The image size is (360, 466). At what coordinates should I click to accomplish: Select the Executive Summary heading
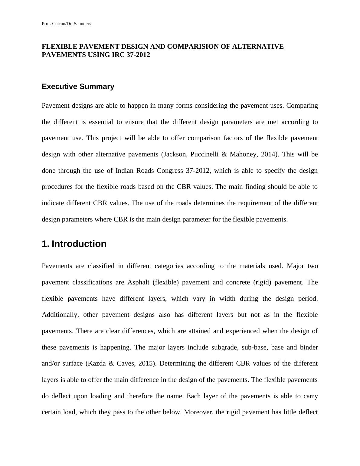pyautogui.click(x=78, y=87)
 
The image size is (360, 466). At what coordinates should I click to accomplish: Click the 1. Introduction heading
pyautogui.click(x=74, y=244)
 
